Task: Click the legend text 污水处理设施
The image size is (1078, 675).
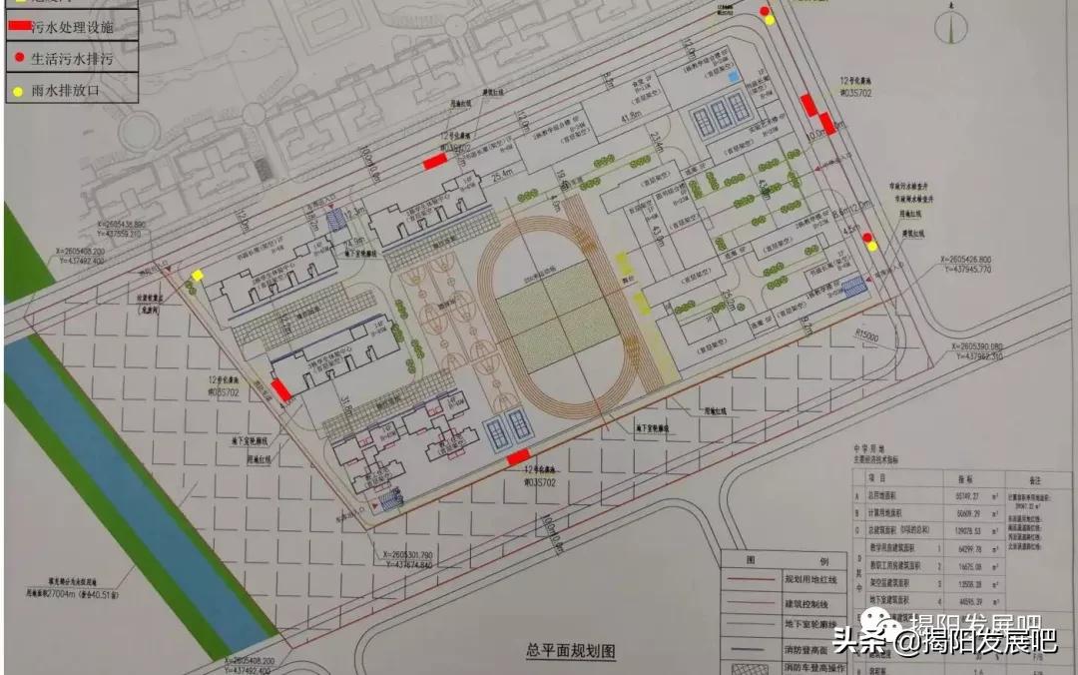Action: (72, 27)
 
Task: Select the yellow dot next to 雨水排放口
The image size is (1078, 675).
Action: (18, 92)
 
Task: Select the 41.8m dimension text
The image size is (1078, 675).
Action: (631, 118)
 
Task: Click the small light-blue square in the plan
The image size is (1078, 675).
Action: (735, 75)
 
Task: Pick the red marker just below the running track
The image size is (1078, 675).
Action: (517, 457)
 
